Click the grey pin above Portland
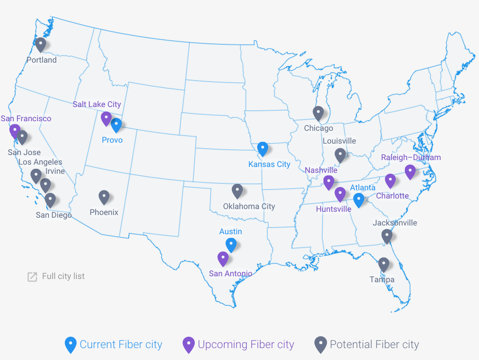click(41, 44)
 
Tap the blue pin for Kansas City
click(263, 149)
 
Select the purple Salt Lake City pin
click(106, 118)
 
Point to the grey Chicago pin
click(318, 113)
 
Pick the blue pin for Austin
click(231, 245)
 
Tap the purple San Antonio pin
click(223, 258)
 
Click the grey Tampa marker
click(384, 264)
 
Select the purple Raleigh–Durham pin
click(410, 172)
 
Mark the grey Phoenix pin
click(104, 197)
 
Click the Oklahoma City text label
click(249, 206)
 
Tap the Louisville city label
click(339, 141)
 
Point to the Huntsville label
click(334, 209)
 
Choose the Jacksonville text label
click(395, 223)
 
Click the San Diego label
click(54, 215)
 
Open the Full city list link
click(63, 276)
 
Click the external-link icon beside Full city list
click(32, 277)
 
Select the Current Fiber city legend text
click(121, 344)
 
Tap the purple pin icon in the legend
click(188, 345)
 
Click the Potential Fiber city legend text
click(374, 344)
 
